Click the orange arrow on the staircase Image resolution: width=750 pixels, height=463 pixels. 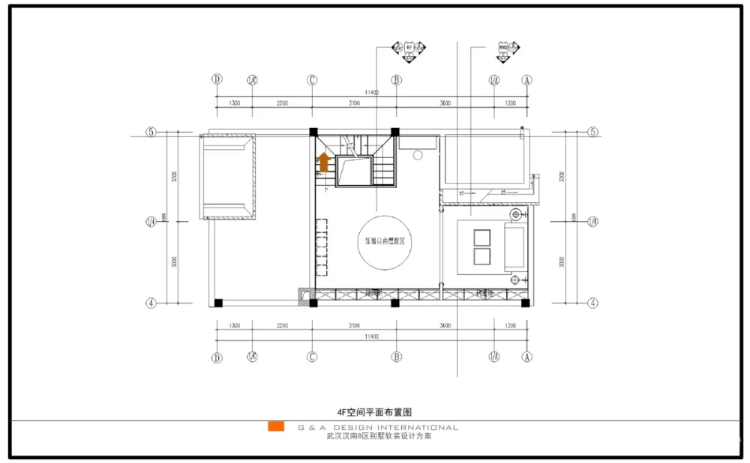click(323, 162)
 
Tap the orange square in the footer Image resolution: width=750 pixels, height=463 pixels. click(276, 427)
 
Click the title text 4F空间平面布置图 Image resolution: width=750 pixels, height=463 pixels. click(375, 412)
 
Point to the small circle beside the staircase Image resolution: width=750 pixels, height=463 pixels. click(418, 155)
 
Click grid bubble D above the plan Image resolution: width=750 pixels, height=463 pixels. click(217, 79)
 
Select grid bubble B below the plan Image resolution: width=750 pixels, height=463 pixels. click(396, 357)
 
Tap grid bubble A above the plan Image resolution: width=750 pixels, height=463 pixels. click(527, 79)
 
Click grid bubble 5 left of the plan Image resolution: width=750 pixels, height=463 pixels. click(151, 133)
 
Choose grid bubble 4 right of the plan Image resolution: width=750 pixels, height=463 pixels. click(592, 303)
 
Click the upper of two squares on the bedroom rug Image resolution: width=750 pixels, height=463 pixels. click(481, 237)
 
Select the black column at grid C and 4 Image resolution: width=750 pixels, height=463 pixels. click(313, 303)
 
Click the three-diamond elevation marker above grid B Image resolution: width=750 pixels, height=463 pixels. click(409, 49)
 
